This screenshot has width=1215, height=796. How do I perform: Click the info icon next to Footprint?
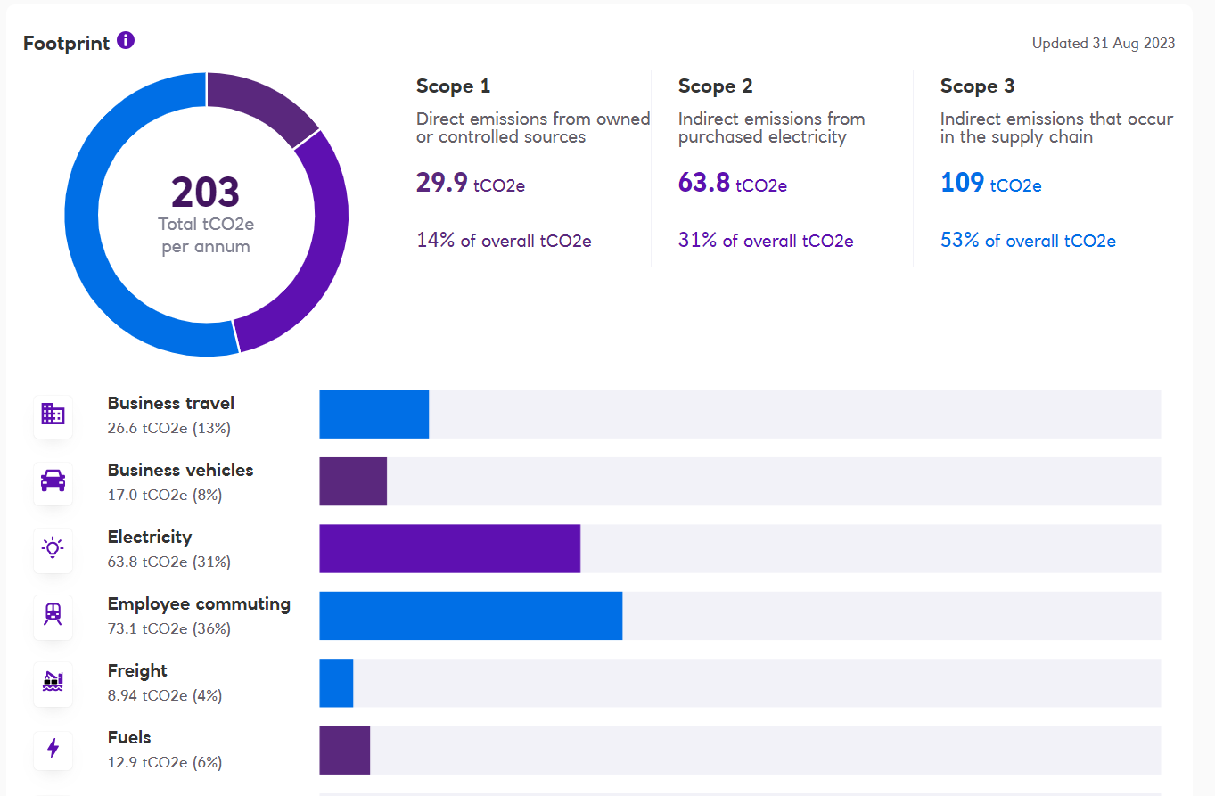(126, 40)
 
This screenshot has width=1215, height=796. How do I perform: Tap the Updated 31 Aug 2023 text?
(1103, 43)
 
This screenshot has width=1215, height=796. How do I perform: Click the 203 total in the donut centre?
(206, 193)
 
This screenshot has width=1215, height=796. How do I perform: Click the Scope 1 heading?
(453, 86)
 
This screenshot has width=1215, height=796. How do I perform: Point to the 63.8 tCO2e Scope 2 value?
(732, 184)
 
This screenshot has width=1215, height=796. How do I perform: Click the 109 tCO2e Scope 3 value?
(990, 184)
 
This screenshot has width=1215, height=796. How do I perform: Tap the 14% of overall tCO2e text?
(504, 241)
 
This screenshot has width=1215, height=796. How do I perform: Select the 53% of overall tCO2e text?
(1028, 241)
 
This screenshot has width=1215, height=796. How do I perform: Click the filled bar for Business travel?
(374, 414)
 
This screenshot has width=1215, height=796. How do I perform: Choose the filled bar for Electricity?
(449, 548)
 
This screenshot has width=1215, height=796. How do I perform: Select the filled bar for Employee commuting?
(471, 615)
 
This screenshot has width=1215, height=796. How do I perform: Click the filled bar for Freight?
(336, 683)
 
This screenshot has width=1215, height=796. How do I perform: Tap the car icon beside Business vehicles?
(53, 481)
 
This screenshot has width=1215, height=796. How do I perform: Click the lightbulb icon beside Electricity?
(53, 547)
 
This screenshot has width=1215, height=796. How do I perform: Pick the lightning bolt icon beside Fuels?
(53, 749)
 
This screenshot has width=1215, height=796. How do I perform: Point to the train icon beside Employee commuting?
(53, 615)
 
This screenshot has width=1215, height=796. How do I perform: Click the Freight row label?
(137, 670)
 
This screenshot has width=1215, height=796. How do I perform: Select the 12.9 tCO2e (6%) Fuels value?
(165, 762)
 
